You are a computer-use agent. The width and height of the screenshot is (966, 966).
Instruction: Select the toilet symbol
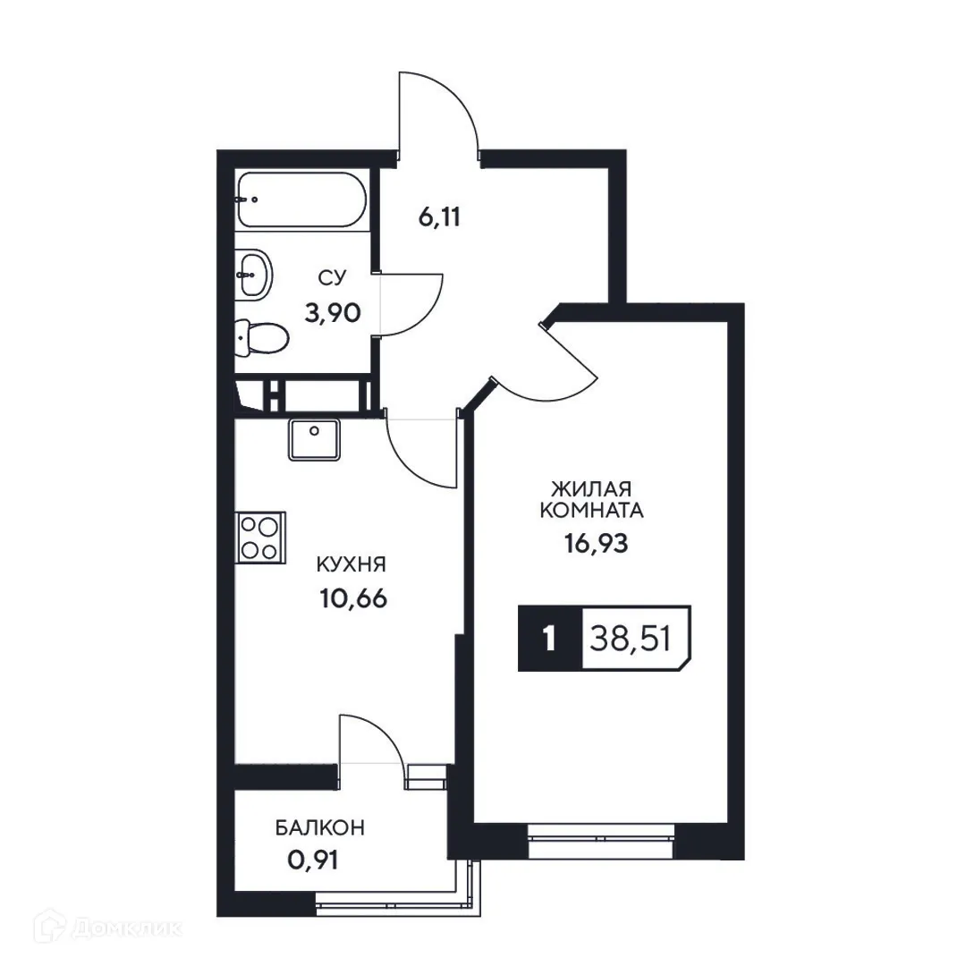[x=263, y=338]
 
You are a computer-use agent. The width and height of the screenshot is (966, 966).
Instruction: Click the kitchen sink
[x=315, y=438]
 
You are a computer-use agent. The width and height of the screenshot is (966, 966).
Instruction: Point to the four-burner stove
[x=260, y=537]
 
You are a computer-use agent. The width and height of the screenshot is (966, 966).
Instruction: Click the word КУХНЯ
[x=351, y=564]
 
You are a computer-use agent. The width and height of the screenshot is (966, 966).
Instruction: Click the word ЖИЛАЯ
[x=591, y=488]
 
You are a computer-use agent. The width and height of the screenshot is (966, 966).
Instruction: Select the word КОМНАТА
[x=591, y=511]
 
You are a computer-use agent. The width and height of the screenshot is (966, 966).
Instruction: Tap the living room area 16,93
[x=591, y=544]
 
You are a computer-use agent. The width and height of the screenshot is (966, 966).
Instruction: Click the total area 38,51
[x=631, y=639]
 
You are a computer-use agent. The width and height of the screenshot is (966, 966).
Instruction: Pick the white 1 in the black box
[x=548, y=639]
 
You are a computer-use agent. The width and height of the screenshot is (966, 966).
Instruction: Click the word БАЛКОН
[x=319, y=828]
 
